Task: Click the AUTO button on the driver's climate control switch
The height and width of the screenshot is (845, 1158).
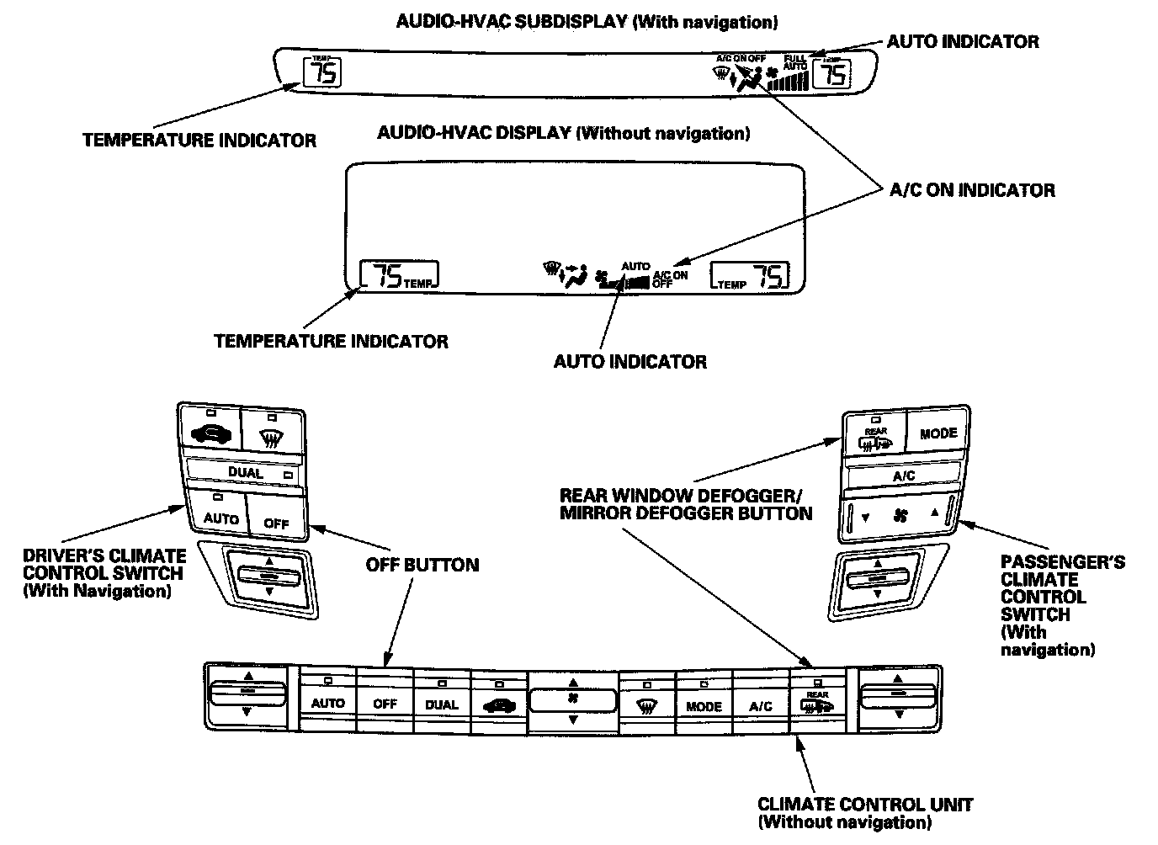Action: [221, 511]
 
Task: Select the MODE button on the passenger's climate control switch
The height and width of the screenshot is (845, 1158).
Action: [938, 433]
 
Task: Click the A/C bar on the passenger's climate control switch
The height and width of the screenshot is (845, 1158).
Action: [904, 476]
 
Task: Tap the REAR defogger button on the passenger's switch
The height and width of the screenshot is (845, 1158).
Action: [875, 434]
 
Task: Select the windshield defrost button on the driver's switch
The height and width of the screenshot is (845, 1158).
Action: [270, 432]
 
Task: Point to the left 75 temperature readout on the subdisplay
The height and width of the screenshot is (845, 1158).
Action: [323, 72]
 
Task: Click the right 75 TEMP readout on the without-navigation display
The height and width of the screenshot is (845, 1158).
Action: [750, 275]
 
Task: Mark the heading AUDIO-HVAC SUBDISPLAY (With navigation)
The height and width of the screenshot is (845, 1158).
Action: [587, 21]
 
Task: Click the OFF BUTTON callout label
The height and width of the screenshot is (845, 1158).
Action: [422, 565]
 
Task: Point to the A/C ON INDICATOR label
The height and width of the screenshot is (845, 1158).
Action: [972, 190]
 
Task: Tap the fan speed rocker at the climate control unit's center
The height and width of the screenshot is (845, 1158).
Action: [572, 700]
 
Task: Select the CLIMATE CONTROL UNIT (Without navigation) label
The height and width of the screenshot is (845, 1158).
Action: [864, 813]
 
